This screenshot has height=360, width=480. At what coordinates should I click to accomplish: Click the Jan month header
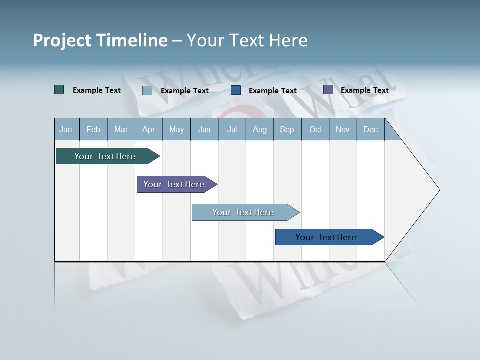[x=66, y=129]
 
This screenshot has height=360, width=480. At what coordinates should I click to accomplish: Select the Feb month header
[x=93, y=129]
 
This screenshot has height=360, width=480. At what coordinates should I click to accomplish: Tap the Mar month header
[x=121, y=129]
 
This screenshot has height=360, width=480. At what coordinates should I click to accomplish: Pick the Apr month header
[x=148, y=129]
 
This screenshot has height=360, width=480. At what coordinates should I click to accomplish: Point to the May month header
[x=176, y=129]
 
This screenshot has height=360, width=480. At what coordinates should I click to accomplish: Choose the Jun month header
[x=204, y=129]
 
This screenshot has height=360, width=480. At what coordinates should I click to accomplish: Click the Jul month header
[x=232, y=129]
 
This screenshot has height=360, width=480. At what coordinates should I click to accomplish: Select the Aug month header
[x=259, y=129]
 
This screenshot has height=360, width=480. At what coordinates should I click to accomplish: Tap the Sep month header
[x=287, y=129]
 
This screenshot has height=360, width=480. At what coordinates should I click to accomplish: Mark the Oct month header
[x=315, y=129]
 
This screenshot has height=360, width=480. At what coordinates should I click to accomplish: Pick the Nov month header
[x=343, y=129]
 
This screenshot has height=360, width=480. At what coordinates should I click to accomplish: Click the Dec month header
[x=370, y=129]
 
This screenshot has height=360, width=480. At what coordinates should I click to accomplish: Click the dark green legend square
[x=59, y=90]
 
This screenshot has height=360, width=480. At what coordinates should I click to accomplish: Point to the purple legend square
[x=328, y=90]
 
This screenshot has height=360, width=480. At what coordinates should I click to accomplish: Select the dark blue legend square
[x=236, y=90]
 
